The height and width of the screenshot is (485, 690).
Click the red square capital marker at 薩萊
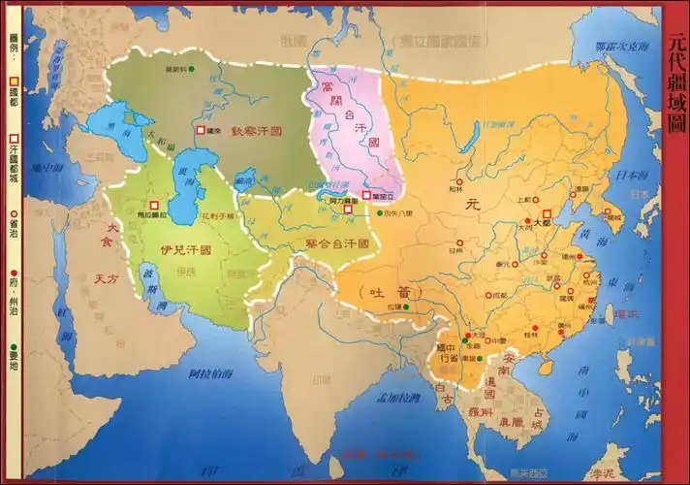[201, 130]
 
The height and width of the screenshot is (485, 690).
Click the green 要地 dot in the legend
[14, 346]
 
